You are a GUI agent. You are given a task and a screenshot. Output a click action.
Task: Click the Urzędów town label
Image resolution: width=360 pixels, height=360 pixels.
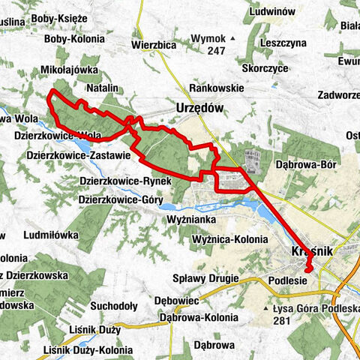(199, 107)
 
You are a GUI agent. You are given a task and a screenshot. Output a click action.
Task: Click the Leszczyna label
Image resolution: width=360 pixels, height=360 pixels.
(283, 43)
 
